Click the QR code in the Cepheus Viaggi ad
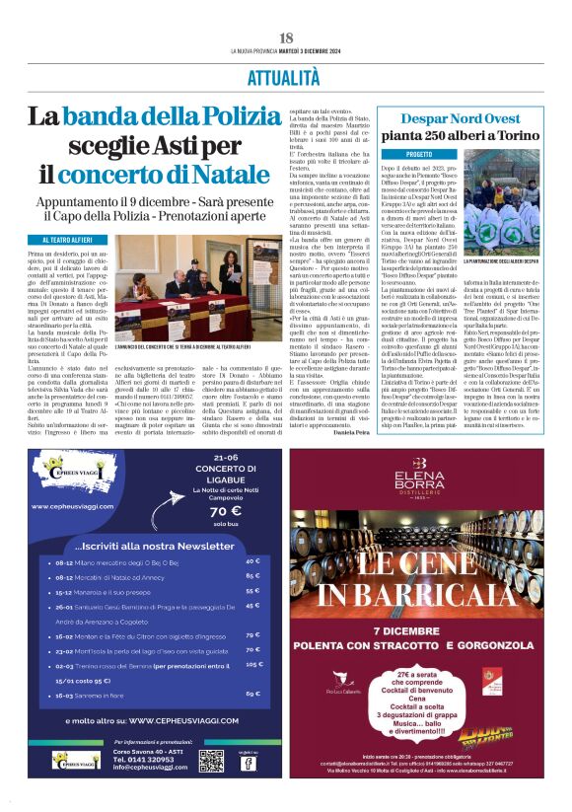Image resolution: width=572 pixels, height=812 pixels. coord(211,760)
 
